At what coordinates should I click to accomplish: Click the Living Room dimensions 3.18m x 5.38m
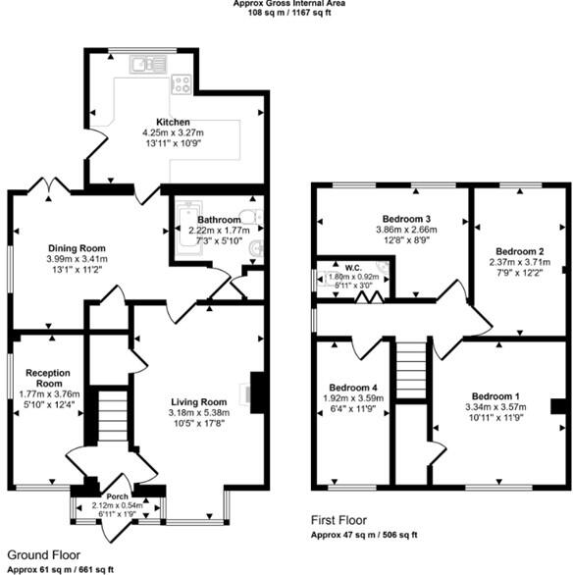198,413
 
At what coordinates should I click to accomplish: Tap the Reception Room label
47,379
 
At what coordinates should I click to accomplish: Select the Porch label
117,497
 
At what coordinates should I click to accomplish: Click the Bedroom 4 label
350,386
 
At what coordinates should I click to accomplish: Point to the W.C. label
351,265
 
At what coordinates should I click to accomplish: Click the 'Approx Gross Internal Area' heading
288,4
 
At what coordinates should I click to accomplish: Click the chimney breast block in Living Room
257,392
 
